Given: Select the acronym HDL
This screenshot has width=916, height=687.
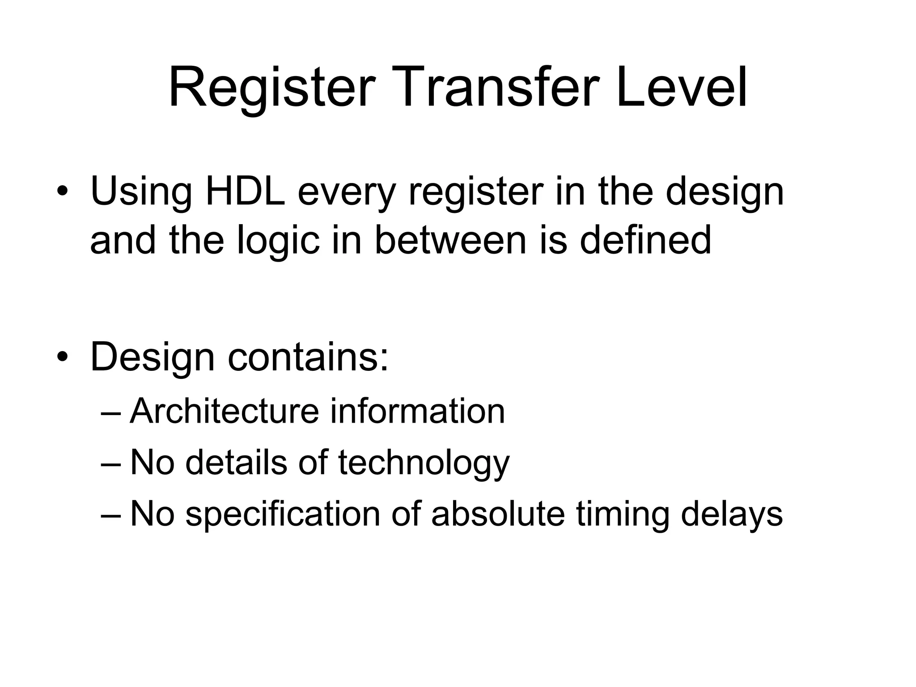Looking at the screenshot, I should point(245,191).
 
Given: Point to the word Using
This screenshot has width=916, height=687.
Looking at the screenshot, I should point(141,191).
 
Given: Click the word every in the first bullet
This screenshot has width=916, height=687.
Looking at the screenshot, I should point(347,193).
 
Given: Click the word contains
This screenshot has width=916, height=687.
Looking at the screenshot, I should point(308,357).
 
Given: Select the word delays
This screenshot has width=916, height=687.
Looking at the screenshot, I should point(732,515).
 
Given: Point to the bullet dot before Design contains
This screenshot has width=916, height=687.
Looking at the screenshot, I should point(62,357).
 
